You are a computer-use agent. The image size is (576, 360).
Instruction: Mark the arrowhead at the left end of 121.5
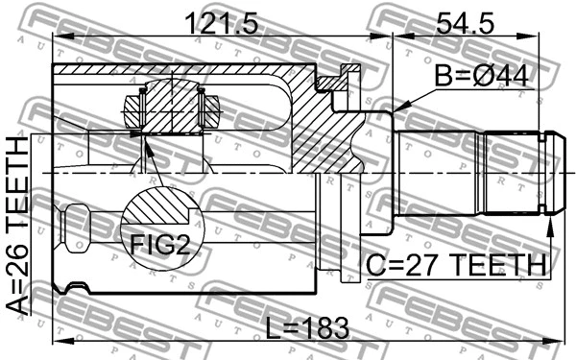57,37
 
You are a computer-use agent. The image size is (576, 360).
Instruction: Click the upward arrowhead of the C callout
550,224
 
